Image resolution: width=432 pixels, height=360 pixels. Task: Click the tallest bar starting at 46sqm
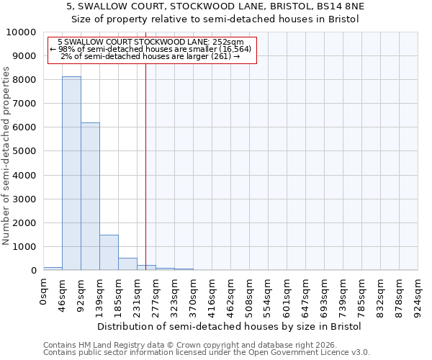coord(71,173)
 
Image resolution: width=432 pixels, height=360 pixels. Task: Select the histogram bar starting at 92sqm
coord(90,196)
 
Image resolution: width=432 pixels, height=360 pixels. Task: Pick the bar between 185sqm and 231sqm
coord(127,264)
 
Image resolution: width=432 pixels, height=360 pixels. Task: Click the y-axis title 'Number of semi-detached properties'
coord(7,156)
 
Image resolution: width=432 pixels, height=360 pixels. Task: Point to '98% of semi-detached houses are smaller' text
coord(151,49)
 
